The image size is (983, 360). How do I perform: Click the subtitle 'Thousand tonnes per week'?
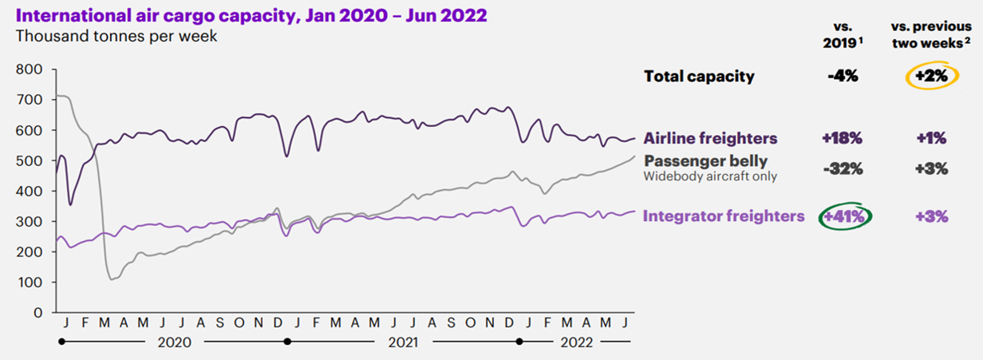[116, 36]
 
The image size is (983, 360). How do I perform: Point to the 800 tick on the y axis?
[29, 69]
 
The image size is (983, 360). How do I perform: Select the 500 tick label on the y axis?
[29, 161]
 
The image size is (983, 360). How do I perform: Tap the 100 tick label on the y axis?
[29, 283]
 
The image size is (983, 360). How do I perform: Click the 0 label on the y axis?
[38, 313]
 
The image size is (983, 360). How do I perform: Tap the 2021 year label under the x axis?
[403, 342]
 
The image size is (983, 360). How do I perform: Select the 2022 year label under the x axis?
[576, 342]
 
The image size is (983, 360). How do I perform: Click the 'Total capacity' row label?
[699, 77]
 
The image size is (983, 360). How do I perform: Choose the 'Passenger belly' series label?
[706, 161]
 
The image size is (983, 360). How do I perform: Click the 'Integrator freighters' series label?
[723, 216]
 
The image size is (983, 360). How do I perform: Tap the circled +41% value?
[846, 216]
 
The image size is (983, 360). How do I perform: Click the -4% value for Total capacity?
[843, 77]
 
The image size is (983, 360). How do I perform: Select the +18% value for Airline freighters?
[843, 137]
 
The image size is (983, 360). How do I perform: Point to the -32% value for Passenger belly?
[843, 168]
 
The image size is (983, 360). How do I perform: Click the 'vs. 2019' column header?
[843, 36]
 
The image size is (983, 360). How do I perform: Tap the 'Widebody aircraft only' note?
[710, 176]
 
